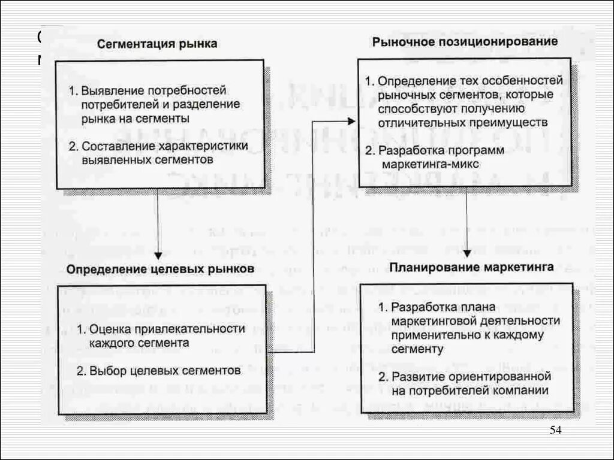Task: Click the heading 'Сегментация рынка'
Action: click(157, 44)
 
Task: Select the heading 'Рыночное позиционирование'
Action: click(465, 42)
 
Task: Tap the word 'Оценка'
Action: click(107, 329)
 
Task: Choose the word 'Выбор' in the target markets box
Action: click(106, 371)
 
